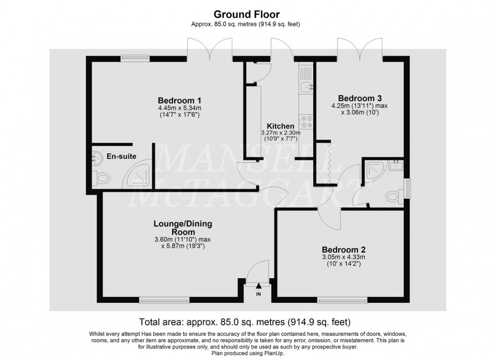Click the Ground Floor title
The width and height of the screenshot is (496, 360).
click(246, 15)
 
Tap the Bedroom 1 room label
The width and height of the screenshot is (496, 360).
click(179, 101)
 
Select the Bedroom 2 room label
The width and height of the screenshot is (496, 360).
click(344, 250)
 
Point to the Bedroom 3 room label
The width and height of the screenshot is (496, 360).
click(360, 98)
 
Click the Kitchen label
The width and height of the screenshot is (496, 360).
click(280, 126)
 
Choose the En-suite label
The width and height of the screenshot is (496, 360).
click(121, 156)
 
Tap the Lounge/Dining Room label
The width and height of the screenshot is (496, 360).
click(183, 228)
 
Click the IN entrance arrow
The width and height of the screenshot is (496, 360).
click(259, 286)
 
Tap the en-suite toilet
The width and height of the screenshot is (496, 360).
click(101, 178)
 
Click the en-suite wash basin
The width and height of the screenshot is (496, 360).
click(97, 157)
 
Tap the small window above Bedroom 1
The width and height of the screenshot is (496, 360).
click(135, 58)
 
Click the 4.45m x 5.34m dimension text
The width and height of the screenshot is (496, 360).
click(180, 108)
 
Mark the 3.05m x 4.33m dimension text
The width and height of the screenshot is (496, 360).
click(344, 257)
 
